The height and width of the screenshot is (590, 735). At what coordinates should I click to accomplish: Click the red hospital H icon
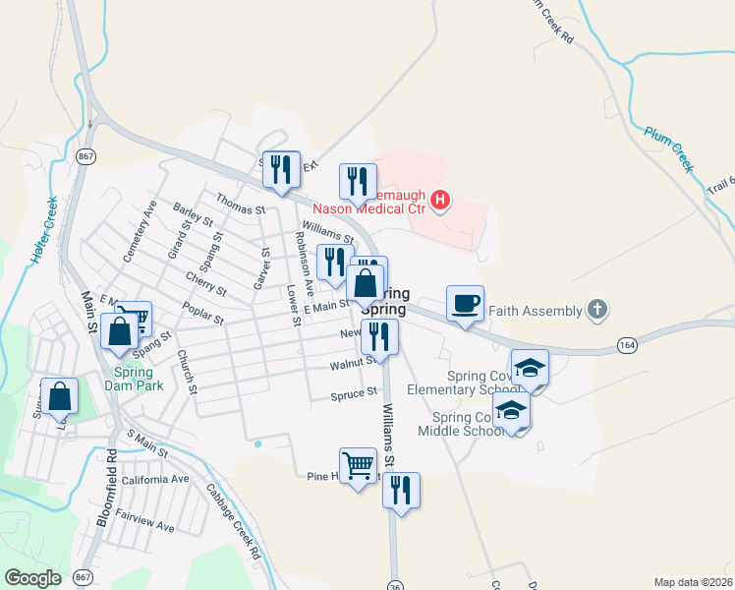(440, 203)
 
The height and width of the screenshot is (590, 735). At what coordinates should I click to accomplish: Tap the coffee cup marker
(465, 304)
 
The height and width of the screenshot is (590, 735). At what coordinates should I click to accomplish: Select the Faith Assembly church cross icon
(595, 311)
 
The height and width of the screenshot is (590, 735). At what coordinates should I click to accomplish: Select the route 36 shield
(393, 573)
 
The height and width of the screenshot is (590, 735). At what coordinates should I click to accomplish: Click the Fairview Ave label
(144, 521)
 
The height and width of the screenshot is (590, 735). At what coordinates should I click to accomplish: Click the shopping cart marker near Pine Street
(358, 464)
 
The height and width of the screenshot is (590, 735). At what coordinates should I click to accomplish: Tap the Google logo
(32, 578)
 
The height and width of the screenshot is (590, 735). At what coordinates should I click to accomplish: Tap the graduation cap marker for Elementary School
(531, 369)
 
